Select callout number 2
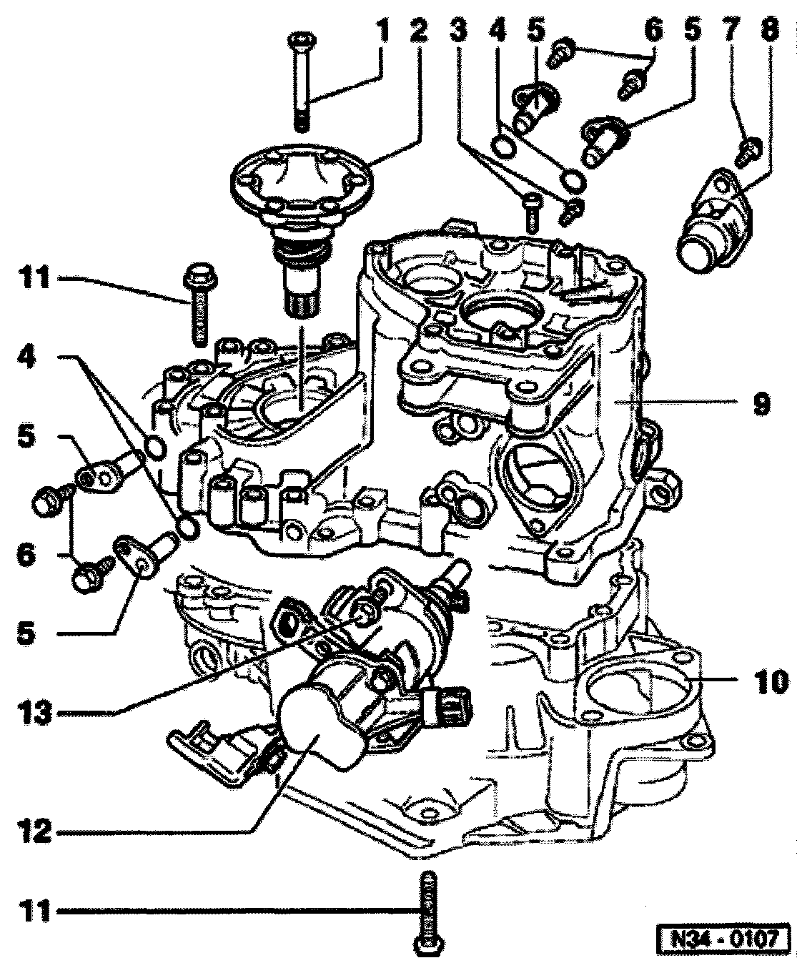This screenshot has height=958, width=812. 419,31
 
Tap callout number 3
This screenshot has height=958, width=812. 458,31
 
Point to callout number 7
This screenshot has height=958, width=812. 731,31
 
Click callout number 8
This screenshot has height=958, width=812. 771,31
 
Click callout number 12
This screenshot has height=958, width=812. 36,832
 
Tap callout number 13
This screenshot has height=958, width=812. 36,712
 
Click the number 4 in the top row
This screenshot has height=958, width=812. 497,31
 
